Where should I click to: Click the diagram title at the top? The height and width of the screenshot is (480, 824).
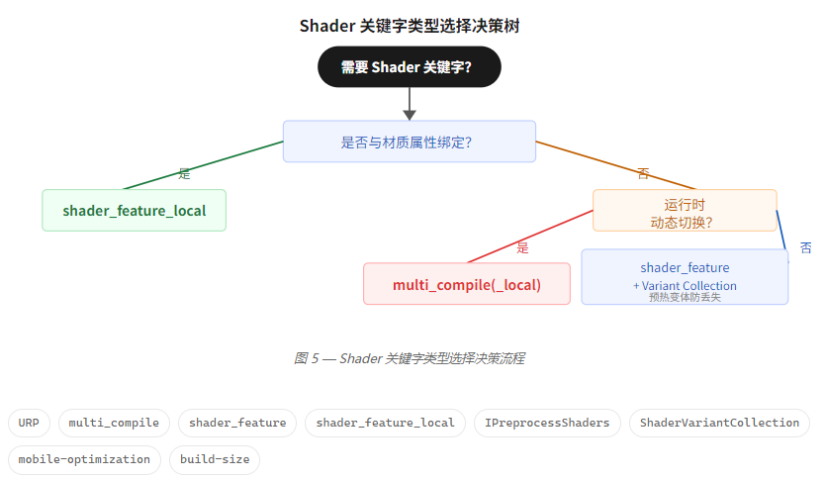pos(410,26)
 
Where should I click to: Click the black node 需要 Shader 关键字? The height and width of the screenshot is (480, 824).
pos(410,67)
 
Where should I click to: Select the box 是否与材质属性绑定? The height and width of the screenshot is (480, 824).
pos(410,142)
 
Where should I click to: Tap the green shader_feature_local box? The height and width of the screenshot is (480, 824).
pos(135,210)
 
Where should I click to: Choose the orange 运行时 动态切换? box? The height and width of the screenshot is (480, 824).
pos(685,210)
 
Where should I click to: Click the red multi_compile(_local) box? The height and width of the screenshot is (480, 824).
pos(467,284)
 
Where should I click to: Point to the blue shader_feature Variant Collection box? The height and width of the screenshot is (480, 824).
pos(685,276)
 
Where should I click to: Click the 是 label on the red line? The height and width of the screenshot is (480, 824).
pos(523,247)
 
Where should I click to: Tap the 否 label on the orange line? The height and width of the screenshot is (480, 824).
pos(644,174)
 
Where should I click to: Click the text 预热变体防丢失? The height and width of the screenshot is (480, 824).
pos(685,297)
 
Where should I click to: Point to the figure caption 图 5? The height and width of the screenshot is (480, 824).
pos(410,358)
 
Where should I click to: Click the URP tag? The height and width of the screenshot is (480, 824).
pos(28,423)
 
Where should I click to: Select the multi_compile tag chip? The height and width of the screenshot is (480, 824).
pos(115,423)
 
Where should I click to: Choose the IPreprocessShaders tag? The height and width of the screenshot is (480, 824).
pos(547,423)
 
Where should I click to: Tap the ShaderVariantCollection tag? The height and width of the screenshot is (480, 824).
pos(719,423)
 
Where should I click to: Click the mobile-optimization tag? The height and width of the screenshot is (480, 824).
pos(84,459)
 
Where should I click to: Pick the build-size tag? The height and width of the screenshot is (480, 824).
pos(214,459)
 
